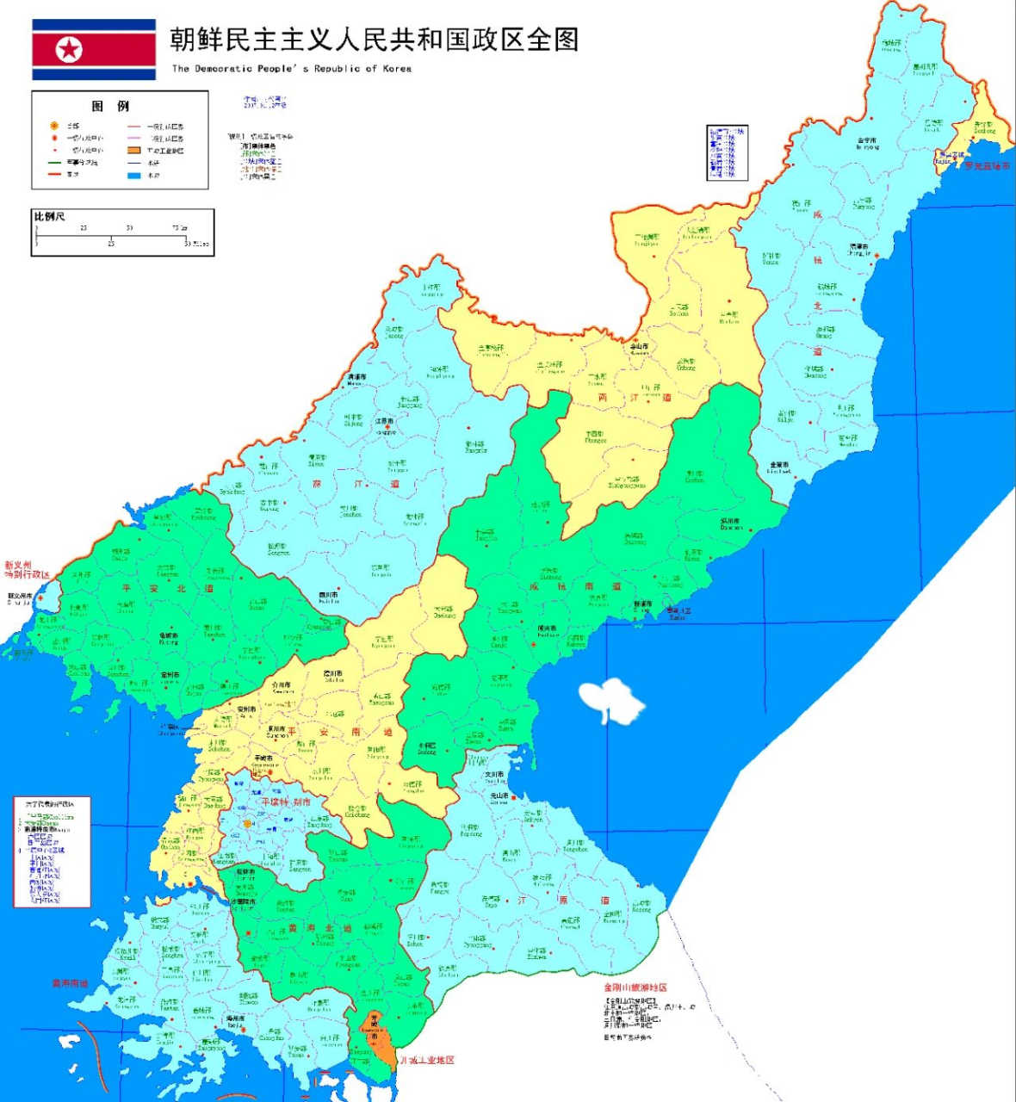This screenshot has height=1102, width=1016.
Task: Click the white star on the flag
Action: coord(69,50)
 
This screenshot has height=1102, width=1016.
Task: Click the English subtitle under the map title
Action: coord(291,69)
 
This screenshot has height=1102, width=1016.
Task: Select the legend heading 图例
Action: coord(111,106)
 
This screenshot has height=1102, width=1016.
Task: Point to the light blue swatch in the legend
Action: coord(133,176)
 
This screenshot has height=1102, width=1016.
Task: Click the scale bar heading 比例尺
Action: coord(49,216)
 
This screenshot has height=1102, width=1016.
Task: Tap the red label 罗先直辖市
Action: coord(986,165)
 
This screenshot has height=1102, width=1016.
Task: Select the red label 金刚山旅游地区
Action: coord(635,987)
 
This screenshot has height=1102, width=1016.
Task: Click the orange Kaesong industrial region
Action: coord(379,1037)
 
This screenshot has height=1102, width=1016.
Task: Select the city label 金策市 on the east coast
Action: coord(779,466)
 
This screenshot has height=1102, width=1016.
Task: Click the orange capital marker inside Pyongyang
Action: coord(247,824)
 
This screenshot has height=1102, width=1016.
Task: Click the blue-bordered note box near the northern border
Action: coord(727,152)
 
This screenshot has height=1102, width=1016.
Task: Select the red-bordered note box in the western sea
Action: coord(52,851)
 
